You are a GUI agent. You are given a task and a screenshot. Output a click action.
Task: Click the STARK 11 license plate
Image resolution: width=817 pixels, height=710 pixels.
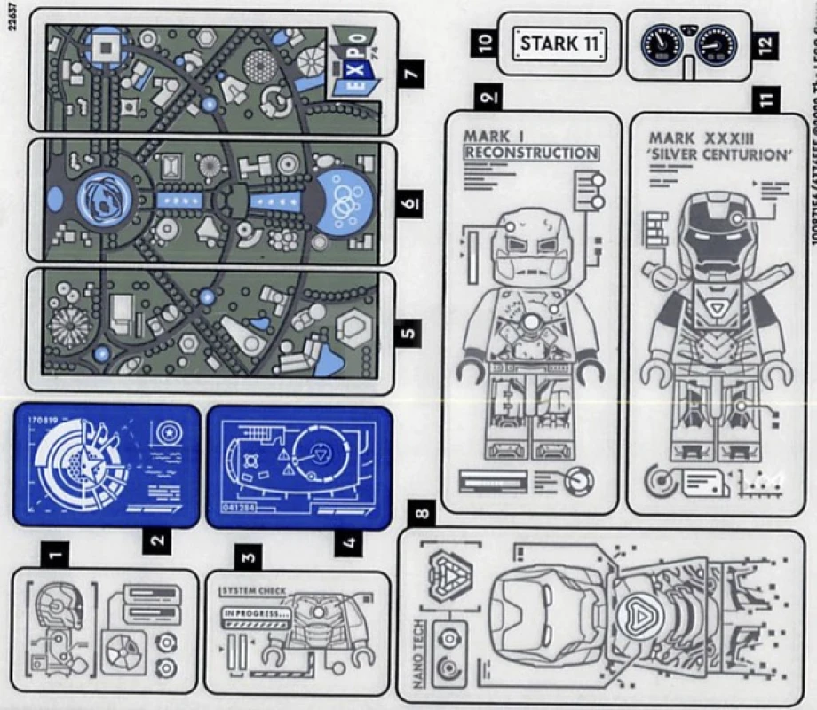point(560,42)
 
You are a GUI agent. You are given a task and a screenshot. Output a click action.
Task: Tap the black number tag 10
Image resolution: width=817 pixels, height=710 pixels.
point(484,42)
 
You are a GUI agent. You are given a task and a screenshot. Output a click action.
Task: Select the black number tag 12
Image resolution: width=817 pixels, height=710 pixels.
point(765,43)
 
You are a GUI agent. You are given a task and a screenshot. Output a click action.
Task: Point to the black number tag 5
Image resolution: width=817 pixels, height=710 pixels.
point(408,334)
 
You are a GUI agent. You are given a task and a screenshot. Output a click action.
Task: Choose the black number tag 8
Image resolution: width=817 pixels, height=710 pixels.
point(422,512)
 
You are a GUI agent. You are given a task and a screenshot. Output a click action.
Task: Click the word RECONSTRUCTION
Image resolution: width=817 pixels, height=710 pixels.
point(531,154)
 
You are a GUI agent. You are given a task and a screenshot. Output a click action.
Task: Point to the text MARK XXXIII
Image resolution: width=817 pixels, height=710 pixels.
point(701,138)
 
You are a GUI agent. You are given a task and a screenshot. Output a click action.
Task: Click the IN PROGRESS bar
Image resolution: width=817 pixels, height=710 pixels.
point(258,613)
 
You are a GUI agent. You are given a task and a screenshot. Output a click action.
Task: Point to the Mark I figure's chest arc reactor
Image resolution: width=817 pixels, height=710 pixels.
point(531,321)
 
